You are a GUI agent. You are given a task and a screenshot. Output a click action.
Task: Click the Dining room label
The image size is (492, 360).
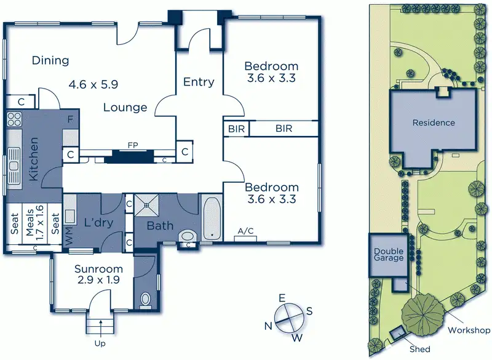[x=50, y=60]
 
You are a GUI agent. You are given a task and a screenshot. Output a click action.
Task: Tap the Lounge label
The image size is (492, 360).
[x=125, y=108]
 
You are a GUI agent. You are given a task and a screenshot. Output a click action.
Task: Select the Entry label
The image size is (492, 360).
[x=199, y=82]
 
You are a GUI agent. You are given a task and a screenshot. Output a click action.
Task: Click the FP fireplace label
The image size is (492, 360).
[x=132, y=146]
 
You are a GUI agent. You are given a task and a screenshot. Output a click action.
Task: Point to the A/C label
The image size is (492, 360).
[x=245, y=231]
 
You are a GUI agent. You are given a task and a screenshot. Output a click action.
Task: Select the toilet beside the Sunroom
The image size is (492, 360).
[x=146, y=300]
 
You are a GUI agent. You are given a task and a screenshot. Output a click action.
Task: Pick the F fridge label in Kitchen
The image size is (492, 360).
[x=71, y=119]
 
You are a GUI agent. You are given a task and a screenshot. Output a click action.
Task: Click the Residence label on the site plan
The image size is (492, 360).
[x=434, y=122]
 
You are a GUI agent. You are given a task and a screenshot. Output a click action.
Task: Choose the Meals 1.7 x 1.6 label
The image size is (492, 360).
[x=34, y=225]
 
